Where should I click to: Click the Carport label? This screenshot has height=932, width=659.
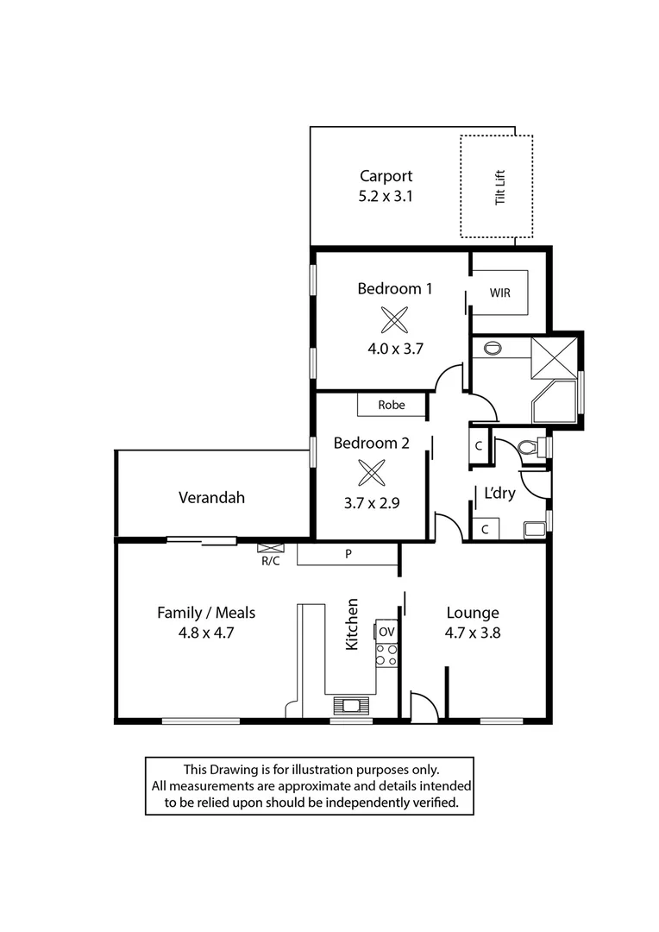[x=386, y=176]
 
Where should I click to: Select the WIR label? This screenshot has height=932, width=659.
[x=500, y=293]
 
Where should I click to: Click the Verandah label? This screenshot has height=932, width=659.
[x=211, y=497]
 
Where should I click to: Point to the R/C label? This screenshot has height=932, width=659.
[x=270, y=560]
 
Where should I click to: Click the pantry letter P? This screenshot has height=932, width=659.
[x=348, y=554]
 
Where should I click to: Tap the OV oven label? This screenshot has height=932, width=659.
[x=386, y=632]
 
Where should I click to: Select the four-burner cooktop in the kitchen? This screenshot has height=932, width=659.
[x=386, y=655]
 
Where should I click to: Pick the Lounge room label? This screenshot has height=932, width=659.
[x=472, y=613]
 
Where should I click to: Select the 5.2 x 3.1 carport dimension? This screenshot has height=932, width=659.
[x=386, y=196]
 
